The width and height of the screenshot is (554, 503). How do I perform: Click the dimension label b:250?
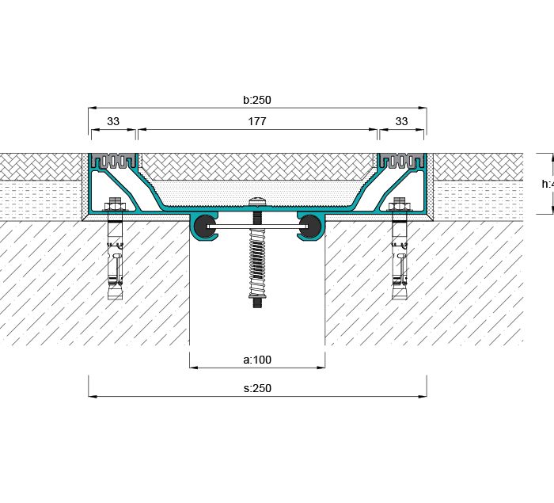click(257, 100)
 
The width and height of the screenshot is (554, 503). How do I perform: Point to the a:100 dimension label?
click(257, 360)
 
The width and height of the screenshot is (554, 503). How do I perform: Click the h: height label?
click(546, 184)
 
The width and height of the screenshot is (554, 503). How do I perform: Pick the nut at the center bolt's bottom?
click(257, 300)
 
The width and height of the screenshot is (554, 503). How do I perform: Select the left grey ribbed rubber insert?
click(112, 160)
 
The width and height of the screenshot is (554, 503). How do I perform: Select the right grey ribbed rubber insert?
click(402, 160)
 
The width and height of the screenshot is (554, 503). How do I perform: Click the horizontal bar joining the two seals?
click(257, 228)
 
